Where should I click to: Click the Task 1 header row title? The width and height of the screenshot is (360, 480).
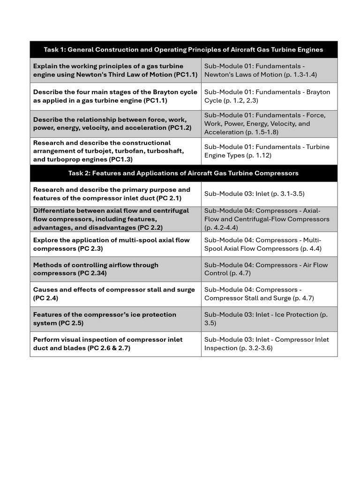[x=183, y=50]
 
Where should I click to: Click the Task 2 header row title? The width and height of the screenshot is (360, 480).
[x=183, y=173]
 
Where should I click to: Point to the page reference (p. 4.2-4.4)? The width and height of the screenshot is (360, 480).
[x=221, y=227]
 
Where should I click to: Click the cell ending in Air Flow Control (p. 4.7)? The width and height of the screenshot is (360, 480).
[x=266, y=269]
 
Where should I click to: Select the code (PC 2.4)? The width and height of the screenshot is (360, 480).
[x=45, y=298]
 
